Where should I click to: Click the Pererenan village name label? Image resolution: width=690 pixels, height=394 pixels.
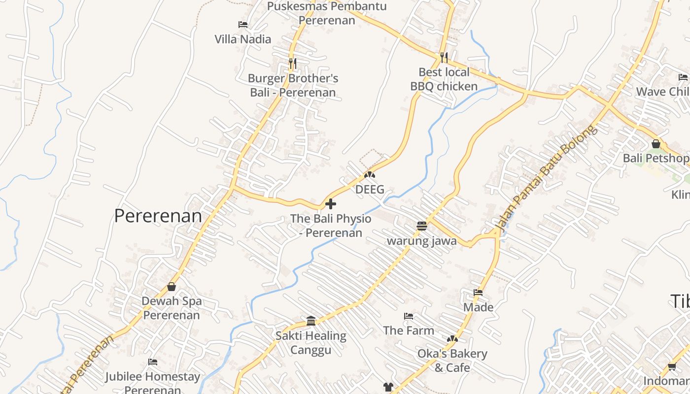pos(158,216)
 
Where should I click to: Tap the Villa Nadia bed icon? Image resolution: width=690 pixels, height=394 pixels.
pos(242,25)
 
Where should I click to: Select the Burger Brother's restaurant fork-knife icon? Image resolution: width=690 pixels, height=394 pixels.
pos(292,63)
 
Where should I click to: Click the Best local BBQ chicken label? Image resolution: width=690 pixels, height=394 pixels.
pos(444,79)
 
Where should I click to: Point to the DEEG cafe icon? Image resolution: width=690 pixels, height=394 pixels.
pos(370,175)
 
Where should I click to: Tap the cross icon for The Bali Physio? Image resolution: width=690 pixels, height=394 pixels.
pos(331,204)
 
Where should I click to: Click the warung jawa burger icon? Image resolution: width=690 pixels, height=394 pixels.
pos(421,226)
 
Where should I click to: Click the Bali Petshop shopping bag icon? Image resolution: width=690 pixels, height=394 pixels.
pos(656,144)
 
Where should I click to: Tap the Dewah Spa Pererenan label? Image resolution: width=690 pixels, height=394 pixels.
pos(172,308)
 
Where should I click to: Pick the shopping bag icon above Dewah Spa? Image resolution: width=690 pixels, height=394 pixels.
pos(172,287)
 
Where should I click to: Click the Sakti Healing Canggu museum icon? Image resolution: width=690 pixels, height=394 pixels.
pos(311,321)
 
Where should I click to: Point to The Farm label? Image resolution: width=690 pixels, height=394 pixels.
pos(409,330)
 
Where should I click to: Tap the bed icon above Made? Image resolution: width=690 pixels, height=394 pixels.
pos(478,293)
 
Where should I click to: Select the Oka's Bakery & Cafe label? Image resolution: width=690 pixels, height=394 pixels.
pos(452,361)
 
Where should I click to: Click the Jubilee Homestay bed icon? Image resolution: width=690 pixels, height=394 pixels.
pos(153,362)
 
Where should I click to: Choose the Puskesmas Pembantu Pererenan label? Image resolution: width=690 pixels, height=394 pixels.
pos(327,13)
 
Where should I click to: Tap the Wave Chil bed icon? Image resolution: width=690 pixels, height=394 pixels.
pos(683,77)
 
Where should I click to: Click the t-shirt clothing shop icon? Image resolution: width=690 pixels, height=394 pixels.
pos(388,387)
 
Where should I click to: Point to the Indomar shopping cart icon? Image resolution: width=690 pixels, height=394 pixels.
pos(672,367)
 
